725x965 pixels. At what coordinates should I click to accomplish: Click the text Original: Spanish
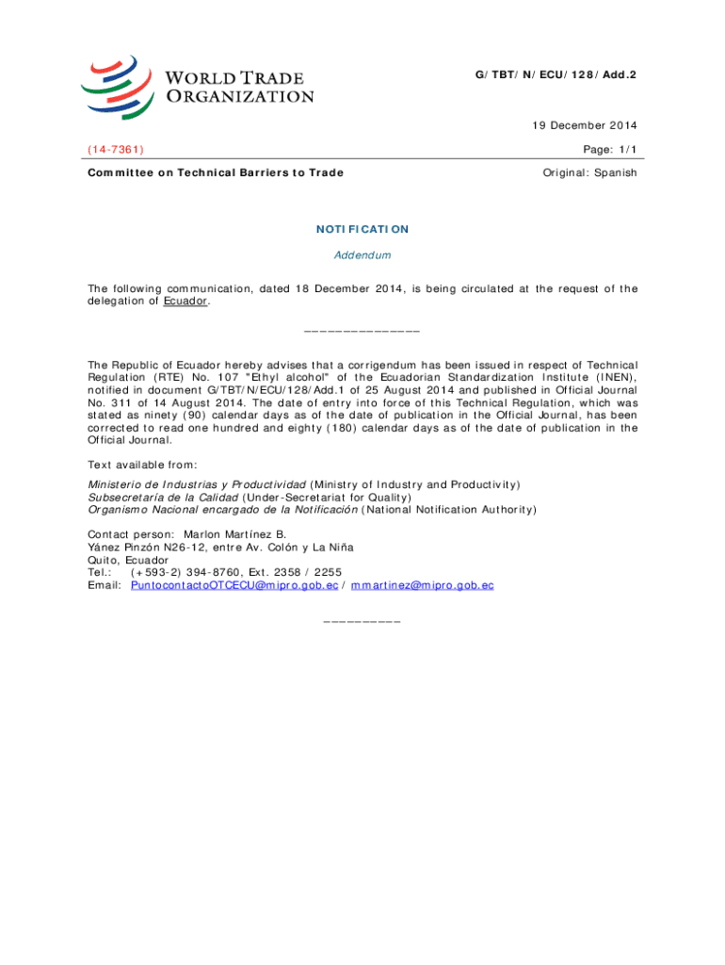click(x=590, y=172)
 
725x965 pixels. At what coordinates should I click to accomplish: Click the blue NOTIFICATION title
click(x=362, y=229)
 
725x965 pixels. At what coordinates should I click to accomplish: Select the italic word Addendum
click(x=362, y=255)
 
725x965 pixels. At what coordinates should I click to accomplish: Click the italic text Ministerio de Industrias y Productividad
click(x=197, y=484)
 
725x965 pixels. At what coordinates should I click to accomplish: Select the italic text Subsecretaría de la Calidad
click(x=163, y=497)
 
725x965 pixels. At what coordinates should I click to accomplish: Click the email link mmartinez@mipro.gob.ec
click(x=422, y=585)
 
